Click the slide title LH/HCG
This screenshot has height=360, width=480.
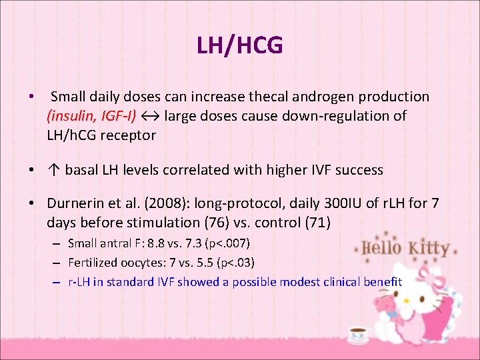coord(239,45)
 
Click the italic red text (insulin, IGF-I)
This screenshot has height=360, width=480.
coord(91,116)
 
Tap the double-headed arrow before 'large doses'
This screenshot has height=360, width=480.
coord(150,116)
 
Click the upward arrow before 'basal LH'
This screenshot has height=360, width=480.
coord(54,170)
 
